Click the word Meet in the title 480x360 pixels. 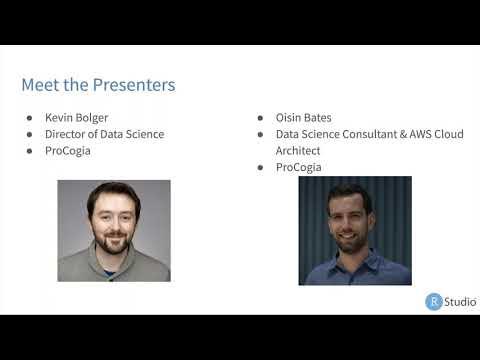40,85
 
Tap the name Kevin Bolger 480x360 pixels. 77,117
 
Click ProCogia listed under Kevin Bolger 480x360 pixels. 69,151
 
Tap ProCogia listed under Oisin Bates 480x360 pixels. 299,167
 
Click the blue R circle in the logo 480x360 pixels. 434,301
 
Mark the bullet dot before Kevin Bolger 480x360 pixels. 30,118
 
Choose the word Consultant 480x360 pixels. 357,134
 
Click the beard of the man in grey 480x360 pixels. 113,243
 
